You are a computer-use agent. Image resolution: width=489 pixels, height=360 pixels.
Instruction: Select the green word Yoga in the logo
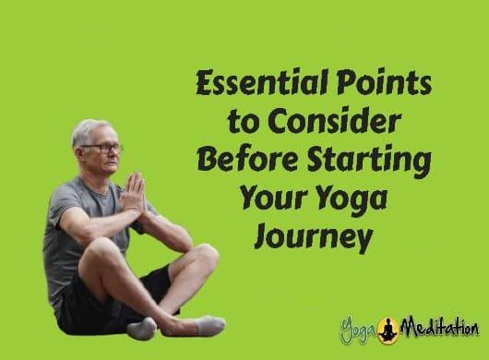[359, 329]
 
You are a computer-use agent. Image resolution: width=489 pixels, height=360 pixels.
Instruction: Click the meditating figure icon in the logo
[391, 326]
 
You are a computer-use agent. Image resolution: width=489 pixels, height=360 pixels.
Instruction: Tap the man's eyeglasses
[104, 148]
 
